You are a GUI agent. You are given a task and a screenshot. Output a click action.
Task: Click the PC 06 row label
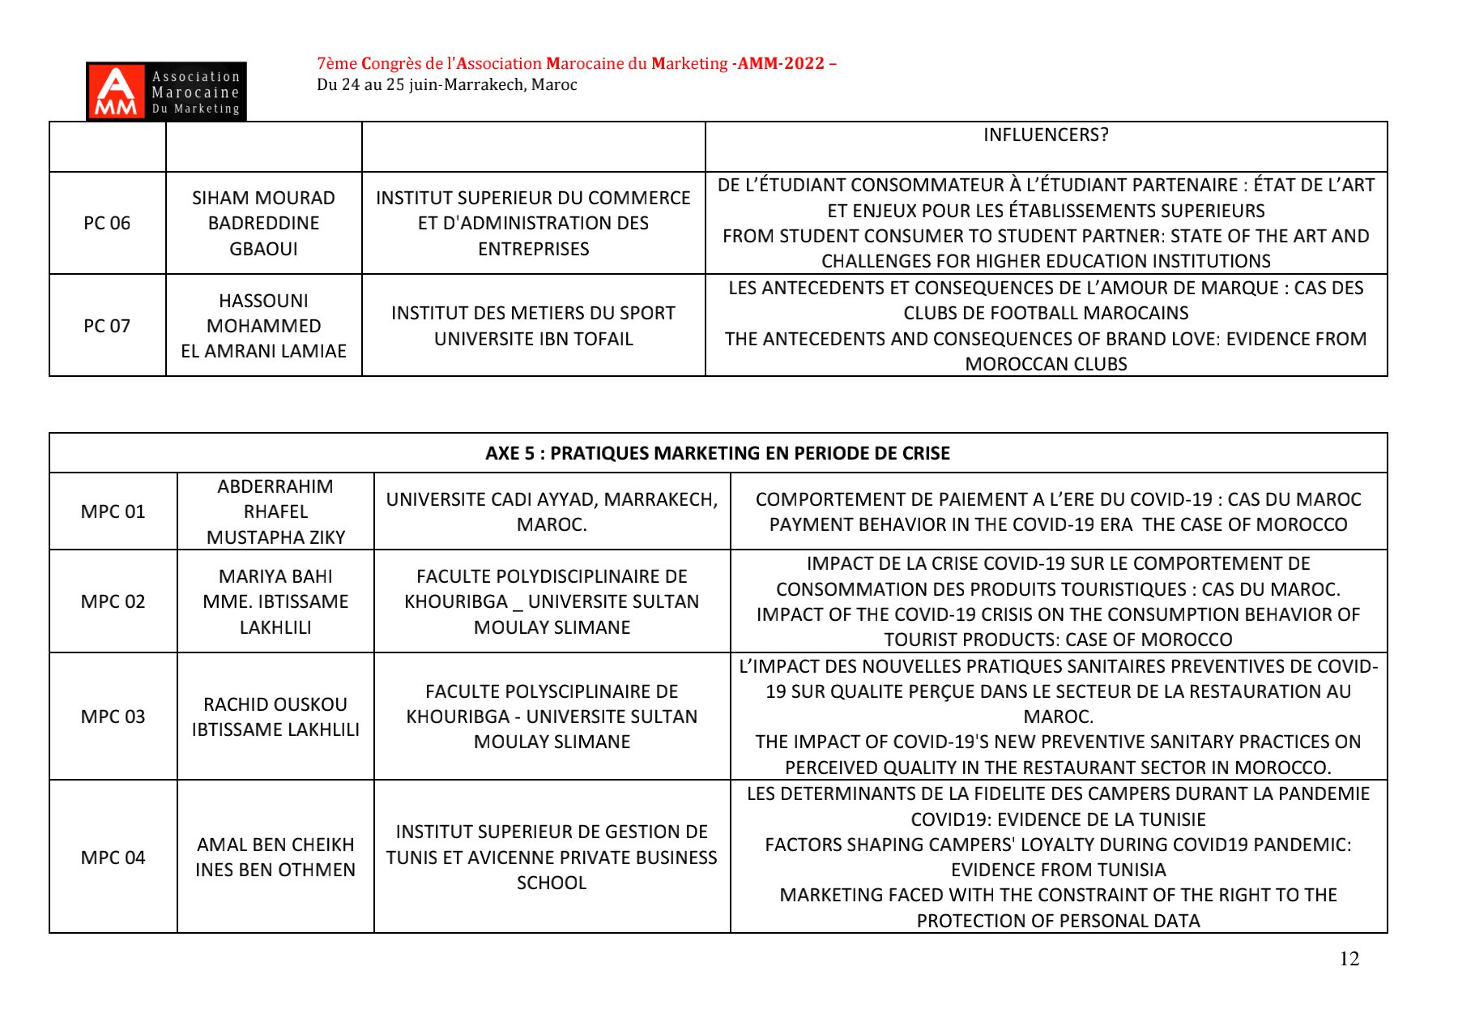pyautogui.click(x=107, y=223)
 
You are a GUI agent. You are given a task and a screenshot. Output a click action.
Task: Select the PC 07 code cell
pyautogui.click(x=107, y=326)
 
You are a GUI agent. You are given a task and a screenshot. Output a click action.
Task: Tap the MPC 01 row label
pyautogui.click(x=113, y=511)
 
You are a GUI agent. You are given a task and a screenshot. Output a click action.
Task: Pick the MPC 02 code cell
pyautogui.click(x=113, y=601)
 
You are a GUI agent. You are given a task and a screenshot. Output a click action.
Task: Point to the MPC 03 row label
pyautogui.click(x=113, y=717)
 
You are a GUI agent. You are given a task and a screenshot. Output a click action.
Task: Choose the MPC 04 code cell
pyautogui.click(x=113, y=858)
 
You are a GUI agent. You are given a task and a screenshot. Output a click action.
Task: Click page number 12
pyautogui.click(x=1349, y=959)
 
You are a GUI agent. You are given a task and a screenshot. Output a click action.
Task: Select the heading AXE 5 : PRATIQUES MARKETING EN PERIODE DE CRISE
pyautogui.click(x=718, y=453)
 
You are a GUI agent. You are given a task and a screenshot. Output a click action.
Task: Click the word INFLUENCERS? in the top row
pyautogui.click(x=1046, y=135)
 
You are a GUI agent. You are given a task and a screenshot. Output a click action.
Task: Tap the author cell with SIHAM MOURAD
pyautogui.click(x=263, y=223)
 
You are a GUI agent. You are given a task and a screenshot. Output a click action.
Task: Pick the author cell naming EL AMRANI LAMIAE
pyautogui.click(x=263, y=326)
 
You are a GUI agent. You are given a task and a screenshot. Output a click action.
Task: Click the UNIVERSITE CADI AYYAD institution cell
pyautogui.click(x=552, y=511)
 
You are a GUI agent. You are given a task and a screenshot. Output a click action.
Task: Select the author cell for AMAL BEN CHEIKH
pyautogui.click(x=275, y=858)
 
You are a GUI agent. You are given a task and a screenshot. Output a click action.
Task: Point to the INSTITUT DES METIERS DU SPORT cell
pyautogui.click(x=533, y=326)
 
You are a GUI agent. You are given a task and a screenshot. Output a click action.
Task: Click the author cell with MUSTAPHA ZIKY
pyautogui.click(x=275, y=511)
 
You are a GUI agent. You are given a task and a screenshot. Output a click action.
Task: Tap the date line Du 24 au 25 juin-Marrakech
pyautogui.click(x=446, y=85)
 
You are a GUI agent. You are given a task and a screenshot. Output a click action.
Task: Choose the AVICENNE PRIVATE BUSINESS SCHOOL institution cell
pyautogui.click(x=552, y=858)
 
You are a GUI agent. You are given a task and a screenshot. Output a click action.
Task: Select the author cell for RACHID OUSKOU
pyautogui.click(x=275, y=717)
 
